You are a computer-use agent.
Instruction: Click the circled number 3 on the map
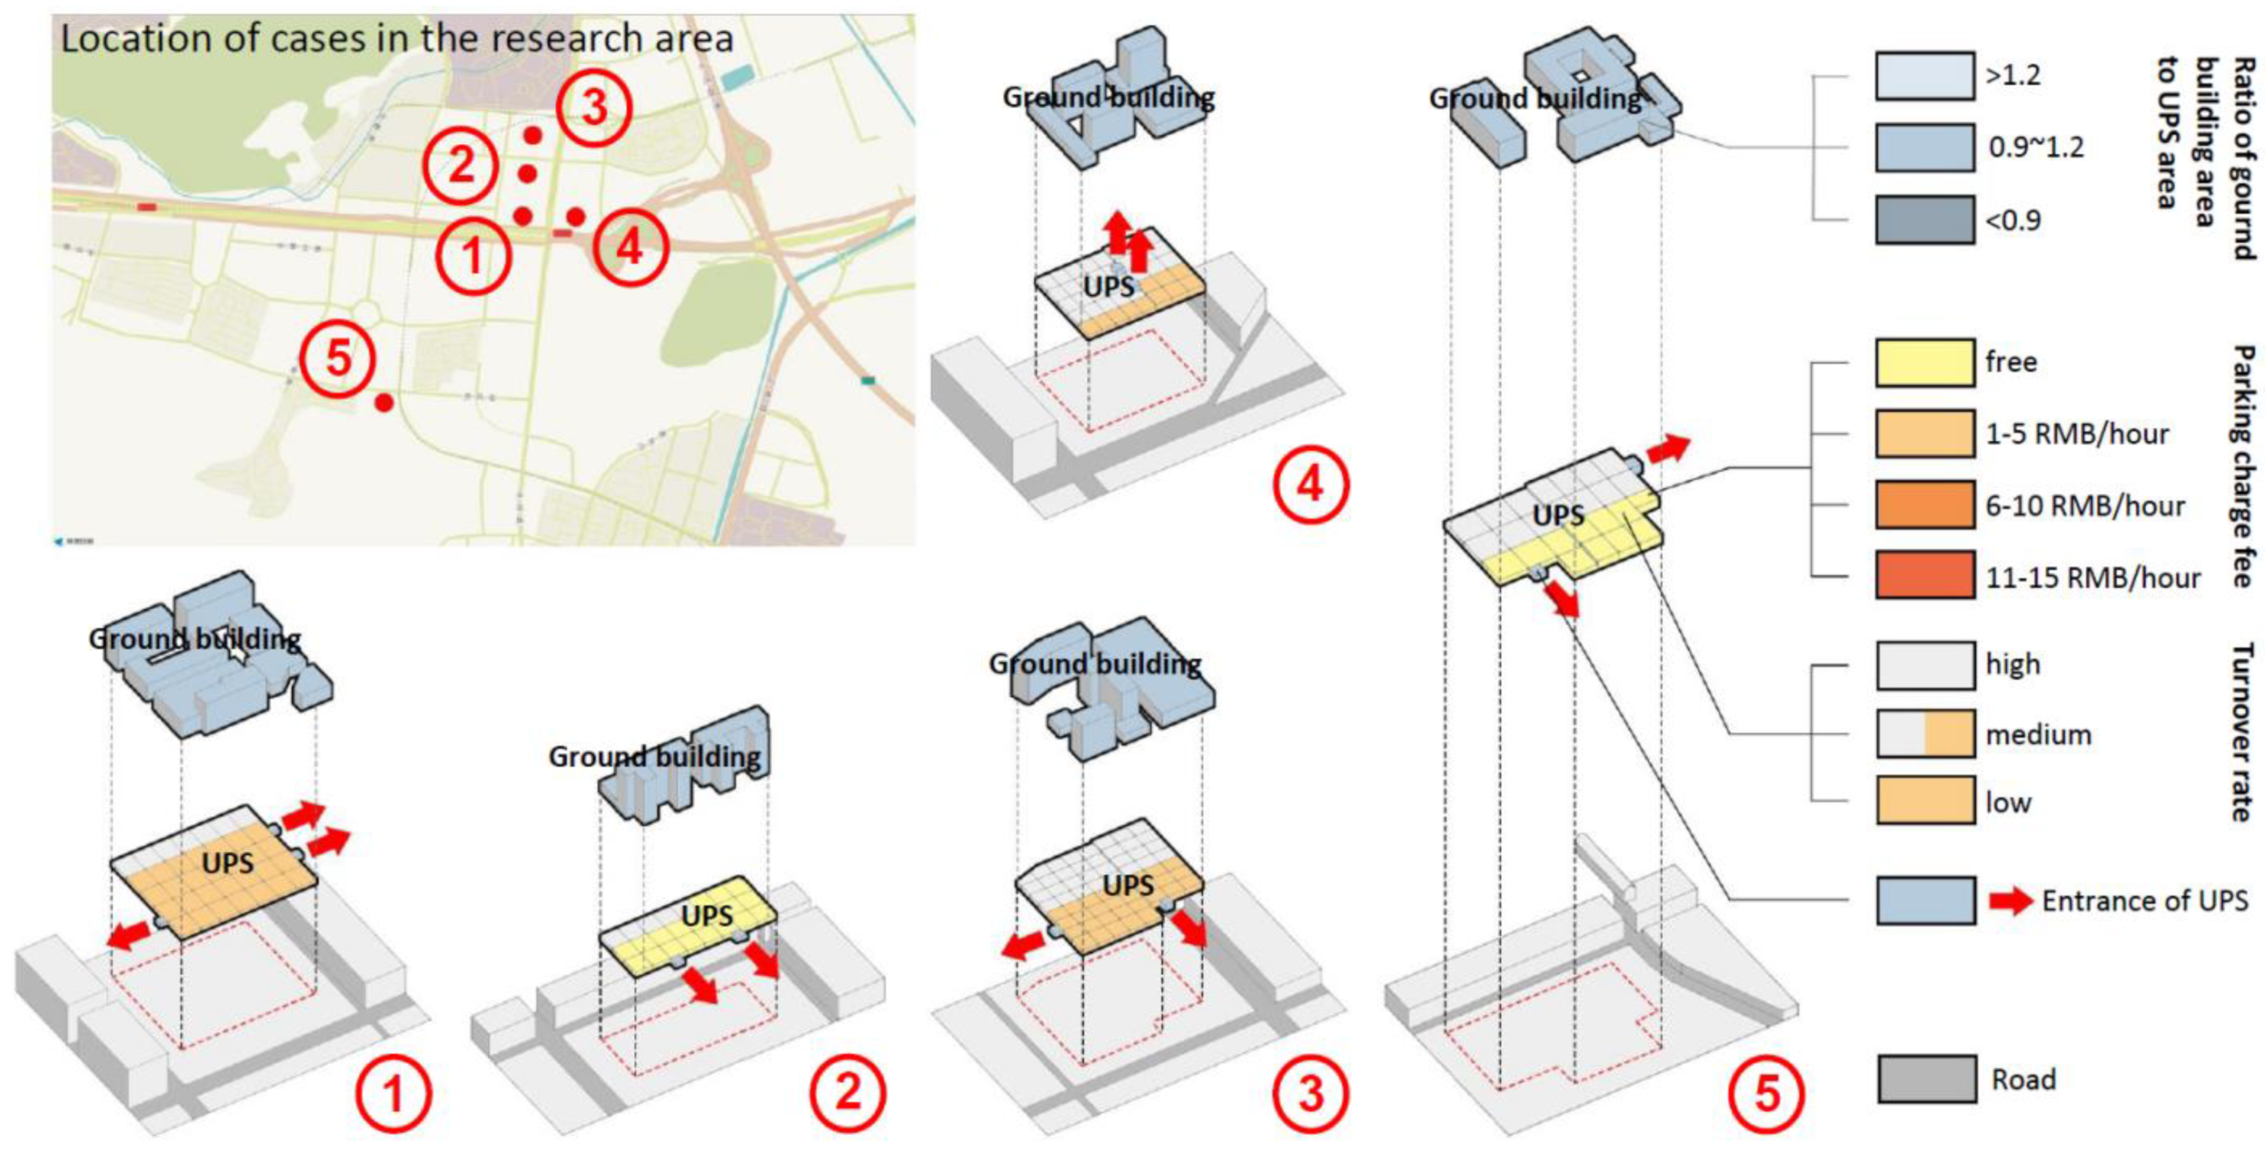596,107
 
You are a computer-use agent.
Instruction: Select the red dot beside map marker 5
384,402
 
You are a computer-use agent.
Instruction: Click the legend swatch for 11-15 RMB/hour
1924,576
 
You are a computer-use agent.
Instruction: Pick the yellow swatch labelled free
1924,362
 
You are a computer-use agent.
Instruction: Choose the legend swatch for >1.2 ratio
1924,76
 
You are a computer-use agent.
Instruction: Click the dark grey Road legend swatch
1925,1079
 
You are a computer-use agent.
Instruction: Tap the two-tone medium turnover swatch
1924,734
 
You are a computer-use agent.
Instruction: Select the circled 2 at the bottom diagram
848,1092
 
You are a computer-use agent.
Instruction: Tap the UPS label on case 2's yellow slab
707,915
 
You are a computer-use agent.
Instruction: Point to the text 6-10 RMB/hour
2085,505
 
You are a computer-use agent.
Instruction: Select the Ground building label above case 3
1095,663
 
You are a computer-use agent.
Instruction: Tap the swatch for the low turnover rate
1924,800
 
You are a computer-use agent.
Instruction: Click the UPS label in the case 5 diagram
1557,515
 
